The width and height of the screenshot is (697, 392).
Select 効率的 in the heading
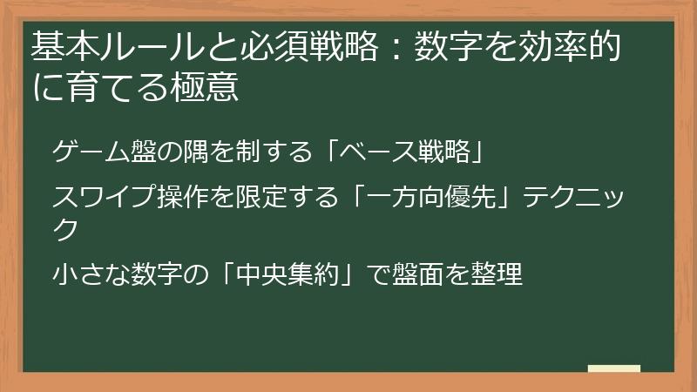576,47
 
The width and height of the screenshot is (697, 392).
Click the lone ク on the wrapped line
65,228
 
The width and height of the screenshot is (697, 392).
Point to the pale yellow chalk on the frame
614,368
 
